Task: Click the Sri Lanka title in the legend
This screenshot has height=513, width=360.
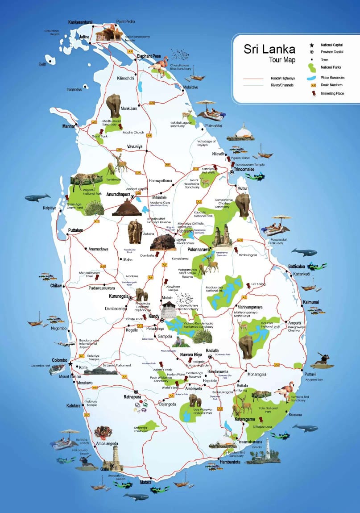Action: coord(269,49)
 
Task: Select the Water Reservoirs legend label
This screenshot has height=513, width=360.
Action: coord(332,77)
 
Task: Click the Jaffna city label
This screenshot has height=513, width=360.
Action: coord(85,37)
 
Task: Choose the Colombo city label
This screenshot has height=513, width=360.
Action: coord(59,360)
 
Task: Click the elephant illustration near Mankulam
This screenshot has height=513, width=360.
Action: coord(113,105)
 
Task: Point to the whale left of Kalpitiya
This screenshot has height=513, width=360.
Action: coord(37,197)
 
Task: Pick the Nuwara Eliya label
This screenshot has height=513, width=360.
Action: coord(191,355)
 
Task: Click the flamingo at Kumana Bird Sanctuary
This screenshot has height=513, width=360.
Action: coord(283,391)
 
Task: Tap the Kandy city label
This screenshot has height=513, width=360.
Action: coord(154,316)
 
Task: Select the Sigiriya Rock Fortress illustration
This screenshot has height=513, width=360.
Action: coord(163,242)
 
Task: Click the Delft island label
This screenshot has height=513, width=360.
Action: coord(42,64)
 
